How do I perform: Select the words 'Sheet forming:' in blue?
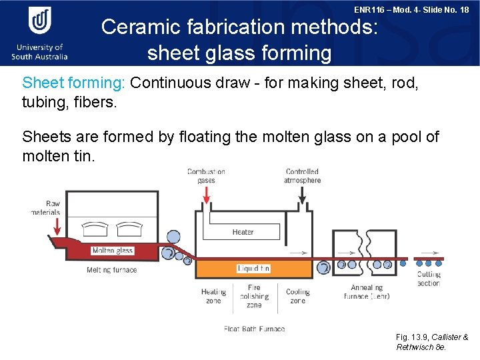(74, 83)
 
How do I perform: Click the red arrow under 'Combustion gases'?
(206, 194)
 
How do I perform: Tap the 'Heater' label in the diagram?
(243, 232)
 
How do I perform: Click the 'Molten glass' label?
(113, 251)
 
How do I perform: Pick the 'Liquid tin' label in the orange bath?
(254, 269)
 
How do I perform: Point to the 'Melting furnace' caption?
(111, 270)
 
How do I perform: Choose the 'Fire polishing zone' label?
(254, 296)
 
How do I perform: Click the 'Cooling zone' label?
(298, 296)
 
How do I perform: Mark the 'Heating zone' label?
(213, 296)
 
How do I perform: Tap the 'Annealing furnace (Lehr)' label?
(367, 292)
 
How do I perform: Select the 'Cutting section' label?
(429, 279)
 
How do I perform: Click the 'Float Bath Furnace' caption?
(254, 329)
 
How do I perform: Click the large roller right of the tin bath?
(323, 268)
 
